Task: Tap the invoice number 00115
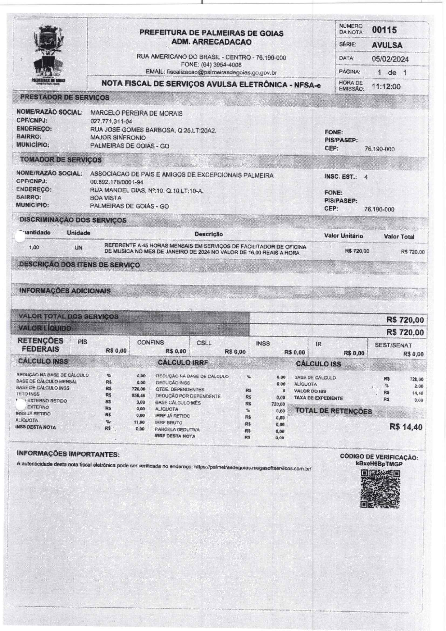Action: coord(384,30)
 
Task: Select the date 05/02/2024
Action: coord(390,59)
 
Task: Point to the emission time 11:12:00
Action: coord(386,87)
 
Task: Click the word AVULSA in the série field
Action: coord(387,45)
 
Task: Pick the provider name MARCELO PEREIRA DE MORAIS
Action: coord(136,114)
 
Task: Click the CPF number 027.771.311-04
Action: coord(111,122)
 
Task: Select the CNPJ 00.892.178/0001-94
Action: coord(117,183)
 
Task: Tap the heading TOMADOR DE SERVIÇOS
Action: coord(60,160)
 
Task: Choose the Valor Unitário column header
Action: coord(343,236)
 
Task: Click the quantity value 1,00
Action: coord(34,248)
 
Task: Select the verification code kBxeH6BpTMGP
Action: coord(379,464)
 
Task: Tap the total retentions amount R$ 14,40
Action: coord(406,427)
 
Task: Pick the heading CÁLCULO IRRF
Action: coord(183,362)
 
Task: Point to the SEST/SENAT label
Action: coord(393,345)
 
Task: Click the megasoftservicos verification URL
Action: coord(252,468)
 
